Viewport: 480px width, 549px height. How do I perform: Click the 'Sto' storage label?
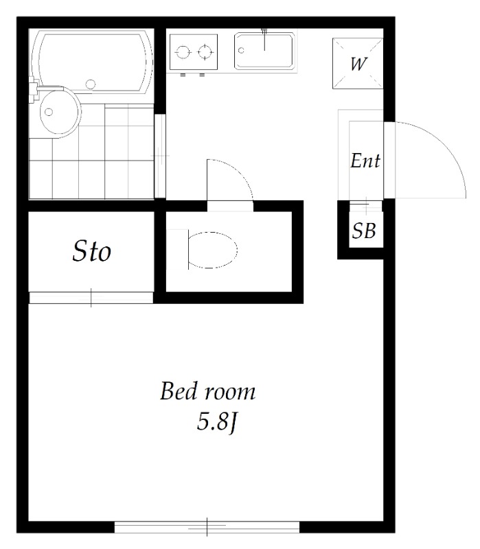[x=92, y=251]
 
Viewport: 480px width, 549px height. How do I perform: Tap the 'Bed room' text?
[x=208, y=391]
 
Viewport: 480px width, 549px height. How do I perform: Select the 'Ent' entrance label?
[x=365, y=161]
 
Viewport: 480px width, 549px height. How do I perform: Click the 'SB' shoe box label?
[x=364, y=231]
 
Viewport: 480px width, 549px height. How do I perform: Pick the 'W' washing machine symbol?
[x=358, y=63]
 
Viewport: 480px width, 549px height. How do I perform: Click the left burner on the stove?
[x=183, y=53]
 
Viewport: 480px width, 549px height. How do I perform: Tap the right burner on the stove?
[x=205, y=53]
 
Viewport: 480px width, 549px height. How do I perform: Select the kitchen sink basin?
[x=264, y=51]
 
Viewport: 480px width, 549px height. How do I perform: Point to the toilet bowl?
[x=213, y=250]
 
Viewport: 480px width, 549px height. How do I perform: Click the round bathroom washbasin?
[x=60, y=112]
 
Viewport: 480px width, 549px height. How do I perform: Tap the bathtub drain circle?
[x=91, y=84]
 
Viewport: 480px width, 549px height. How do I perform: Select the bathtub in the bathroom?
[x=92, y=62]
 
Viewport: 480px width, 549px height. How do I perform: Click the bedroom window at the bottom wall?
[x=207, y=527]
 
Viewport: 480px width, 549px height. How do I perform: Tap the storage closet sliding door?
[x=91, y=298]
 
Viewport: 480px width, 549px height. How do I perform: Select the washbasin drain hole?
[x=49, y=112]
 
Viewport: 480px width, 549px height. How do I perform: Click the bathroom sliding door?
[x=160, y=156]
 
